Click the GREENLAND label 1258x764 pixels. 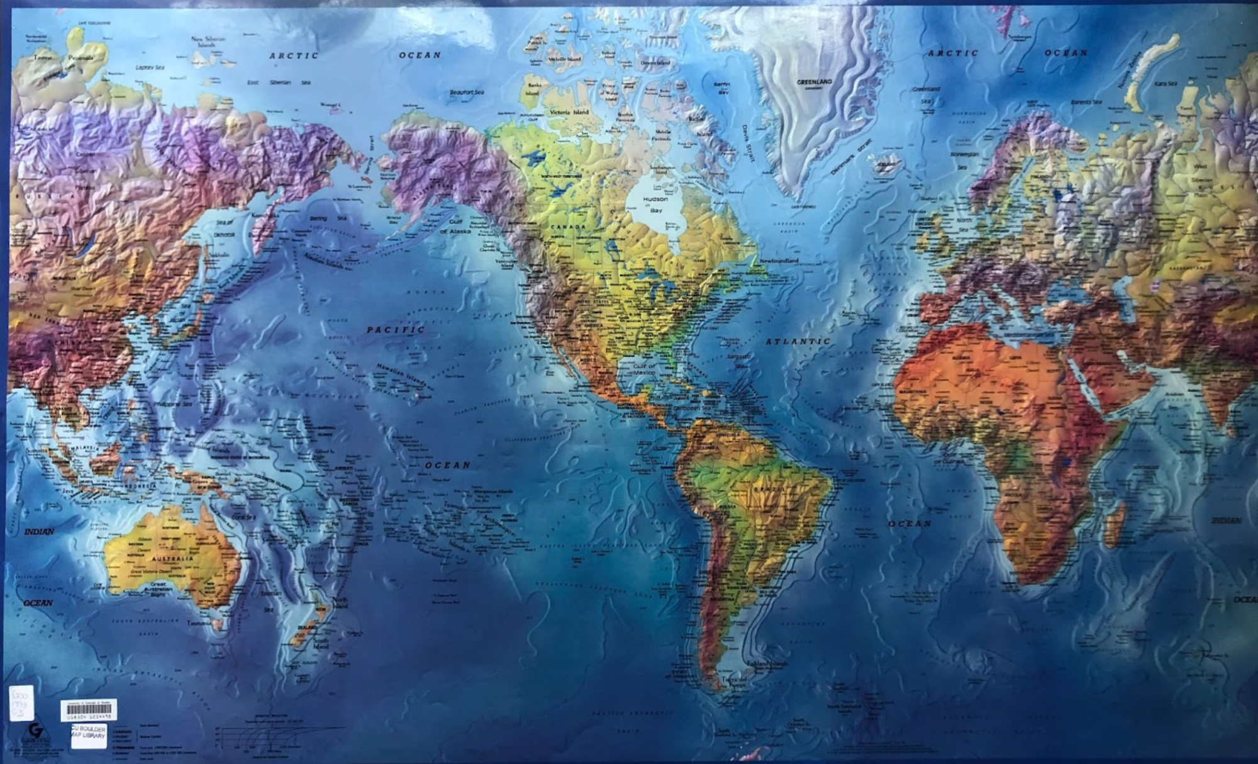point(814,82)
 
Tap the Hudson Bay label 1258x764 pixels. point(655,204)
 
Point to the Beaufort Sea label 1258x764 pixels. point(467,93)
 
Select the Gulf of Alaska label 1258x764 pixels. point(455,227)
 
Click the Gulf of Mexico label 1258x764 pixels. point(644,369)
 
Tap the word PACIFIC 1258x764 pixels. point(396,329)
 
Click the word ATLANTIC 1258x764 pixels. point(798,341)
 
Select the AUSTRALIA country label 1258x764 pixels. point(172,558)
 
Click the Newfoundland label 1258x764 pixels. point(779,261)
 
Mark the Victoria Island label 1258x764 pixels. point(569,112)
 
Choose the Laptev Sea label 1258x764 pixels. point(150,67)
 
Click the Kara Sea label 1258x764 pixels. point(1165,83)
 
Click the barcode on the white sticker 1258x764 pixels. point(89,709)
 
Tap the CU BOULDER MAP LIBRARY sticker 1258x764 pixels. point(89,734)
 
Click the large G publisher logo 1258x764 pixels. point(36,732)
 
